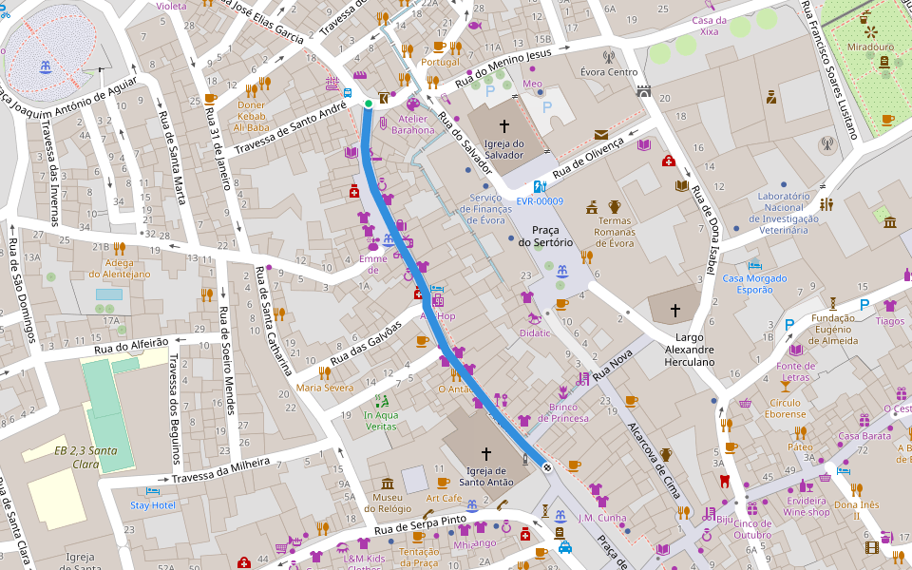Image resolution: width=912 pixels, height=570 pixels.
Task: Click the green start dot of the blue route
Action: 368,104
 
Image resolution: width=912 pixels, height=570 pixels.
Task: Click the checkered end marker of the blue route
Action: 547,466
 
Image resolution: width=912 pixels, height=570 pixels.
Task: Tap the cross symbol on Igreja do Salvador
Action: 503,124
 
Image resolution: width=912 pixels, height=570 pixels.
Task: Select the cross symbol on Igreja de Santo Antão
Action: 486,453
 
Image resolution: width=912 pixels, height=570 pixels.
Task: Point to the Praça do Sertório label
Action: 545,235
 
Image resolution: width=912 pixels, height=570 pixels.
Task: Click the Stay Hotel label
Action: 152,505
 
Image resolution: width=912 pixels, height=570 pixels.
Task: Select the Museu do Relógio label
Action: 387,504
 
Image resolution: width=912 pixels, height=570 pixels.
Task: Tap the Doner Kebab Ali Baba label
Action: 252,115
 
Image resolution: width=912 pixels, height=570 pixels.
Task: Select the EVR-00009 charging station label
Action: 540,201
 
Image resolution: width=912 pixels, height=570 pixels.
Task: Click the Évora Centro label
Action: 609,72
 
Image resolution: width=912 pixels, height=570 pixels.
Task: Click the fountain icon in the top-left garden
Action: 45,67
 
